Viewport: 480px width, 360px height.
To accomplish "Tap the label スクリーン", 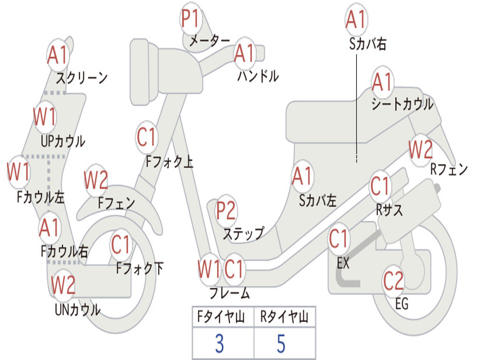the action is coord(82,77).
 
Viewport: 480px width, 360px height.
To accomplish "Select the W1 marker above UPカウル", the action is coord(45,117).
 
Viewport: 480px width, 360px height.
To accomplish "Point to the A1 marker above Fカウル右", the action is coord(49,228).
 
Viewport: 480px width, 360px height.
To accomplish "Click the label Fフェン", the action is coord(116,203).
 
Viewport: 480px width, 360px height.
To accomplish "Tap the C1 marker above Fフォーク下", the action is coord(121,244).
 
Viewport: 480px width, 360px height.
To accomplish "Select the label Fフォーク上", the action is coord(169,162).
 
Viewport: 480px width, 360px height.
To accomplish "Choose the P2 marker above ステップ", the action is coord(226,211).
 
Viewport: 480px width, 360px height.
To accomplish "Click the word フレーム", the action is coord(229,293).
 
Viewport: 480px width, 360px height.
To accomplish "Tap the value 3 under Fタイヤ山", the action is coord(219,344).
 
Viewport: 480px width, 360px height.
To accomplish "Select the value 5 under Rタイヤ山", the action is coord(281,344).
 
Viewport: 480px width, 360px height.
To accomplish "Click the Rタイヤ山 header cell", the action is coord(284,318).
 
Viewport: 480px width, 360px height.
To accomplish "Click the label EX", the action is coord(343,263).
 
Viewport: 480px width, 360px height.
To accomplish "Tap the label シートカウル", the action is coord(402,104).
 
